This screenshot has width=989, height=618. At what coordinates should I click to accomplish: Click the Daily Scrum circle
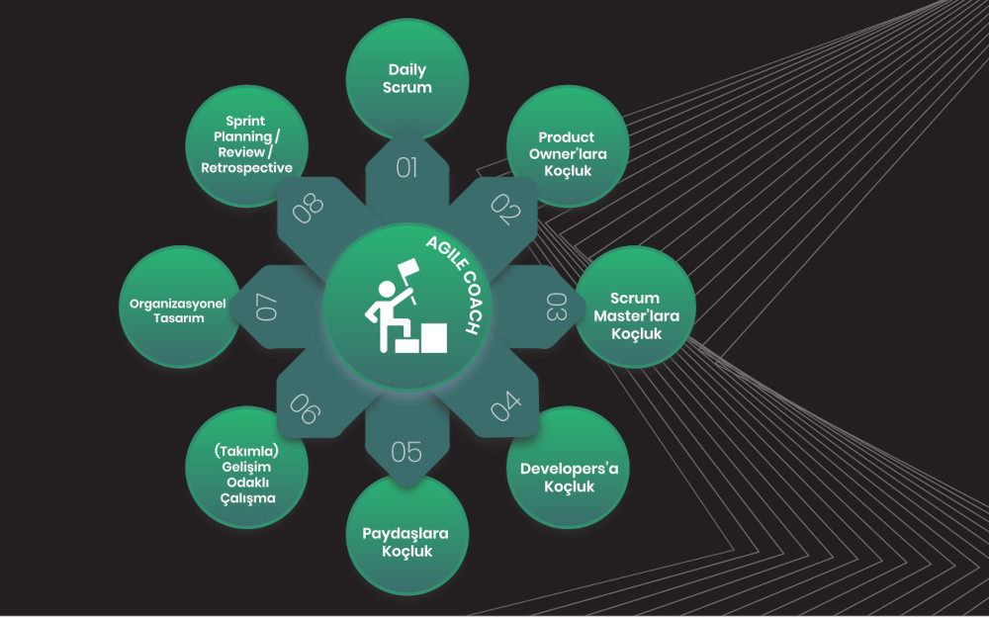[x=406, y=79]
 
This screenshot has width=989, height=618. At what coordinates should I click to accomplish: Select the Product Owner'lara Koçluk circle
[x=568, y=146]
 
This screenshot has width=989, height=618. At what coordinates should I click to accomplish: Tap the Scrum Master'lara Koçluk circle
[x=635, y=308]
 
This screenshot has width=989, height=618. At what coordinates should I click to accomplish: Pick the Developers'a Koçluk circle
[x=568, y=468]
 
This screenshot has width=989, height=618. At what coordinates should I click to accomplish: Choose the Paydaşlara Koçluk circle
[x=406, y=535]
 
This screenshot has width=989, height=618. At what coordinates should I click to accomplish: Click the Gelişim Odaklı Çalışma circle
[x=246, y=468]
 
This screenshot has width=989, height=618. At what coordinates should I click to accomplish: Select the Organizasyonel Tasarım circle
[x=180, y=308]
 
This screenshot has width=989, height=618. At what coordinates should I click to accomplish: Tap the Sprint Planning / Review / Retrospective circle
[x=246, y=146]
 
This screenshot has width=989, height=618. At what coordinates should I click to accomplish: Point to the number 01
[x=406, y=168]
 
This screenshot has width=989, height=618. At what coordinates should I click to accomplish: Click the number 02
[x=505, y=209]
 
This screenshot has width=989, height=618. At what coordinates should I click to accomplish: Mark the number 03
[x=556, y=308]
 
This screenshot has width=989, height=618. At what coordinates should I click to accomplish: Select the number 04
[x=505, y=406]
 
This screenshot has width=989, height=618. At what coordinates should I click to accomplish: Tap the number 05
[x=406, y=452]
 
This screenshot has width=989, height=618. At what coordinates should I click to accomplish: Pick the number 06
[x=306, y=408]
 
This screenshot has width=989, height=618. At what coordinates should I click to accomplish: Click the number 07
[x=266, y=308]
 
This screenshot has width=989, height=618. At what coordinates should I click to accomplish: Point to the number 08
[x=308, y=209]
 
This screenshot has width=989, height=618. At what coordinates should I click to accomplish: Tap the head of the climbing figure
[x=386, y=290]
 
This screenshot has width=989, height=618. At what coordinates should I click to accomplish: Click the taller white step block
[x=434, y=338]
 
